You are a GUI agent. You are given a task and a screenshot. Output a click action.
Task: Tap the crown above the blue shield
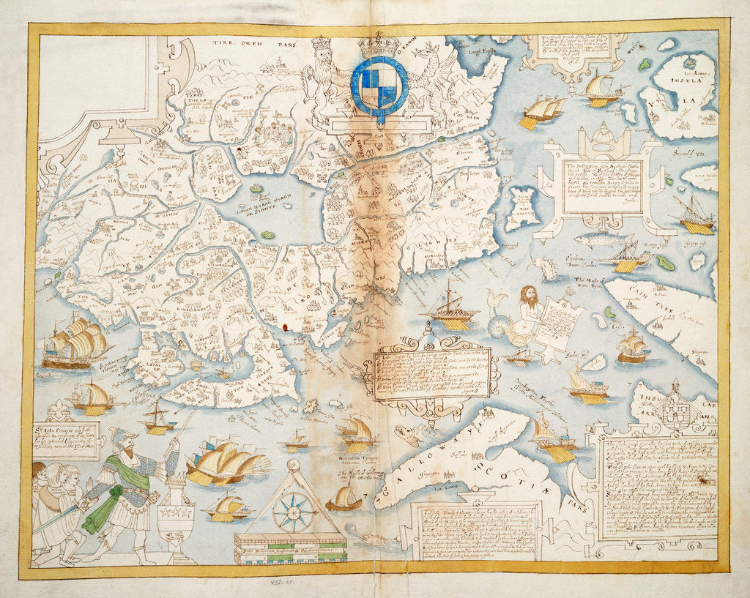pyautogui.click(x=378, y=47)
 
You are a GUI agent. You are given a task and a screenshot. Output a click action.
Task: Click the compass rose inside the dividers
pyautogui.click(x=293, y=511)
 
